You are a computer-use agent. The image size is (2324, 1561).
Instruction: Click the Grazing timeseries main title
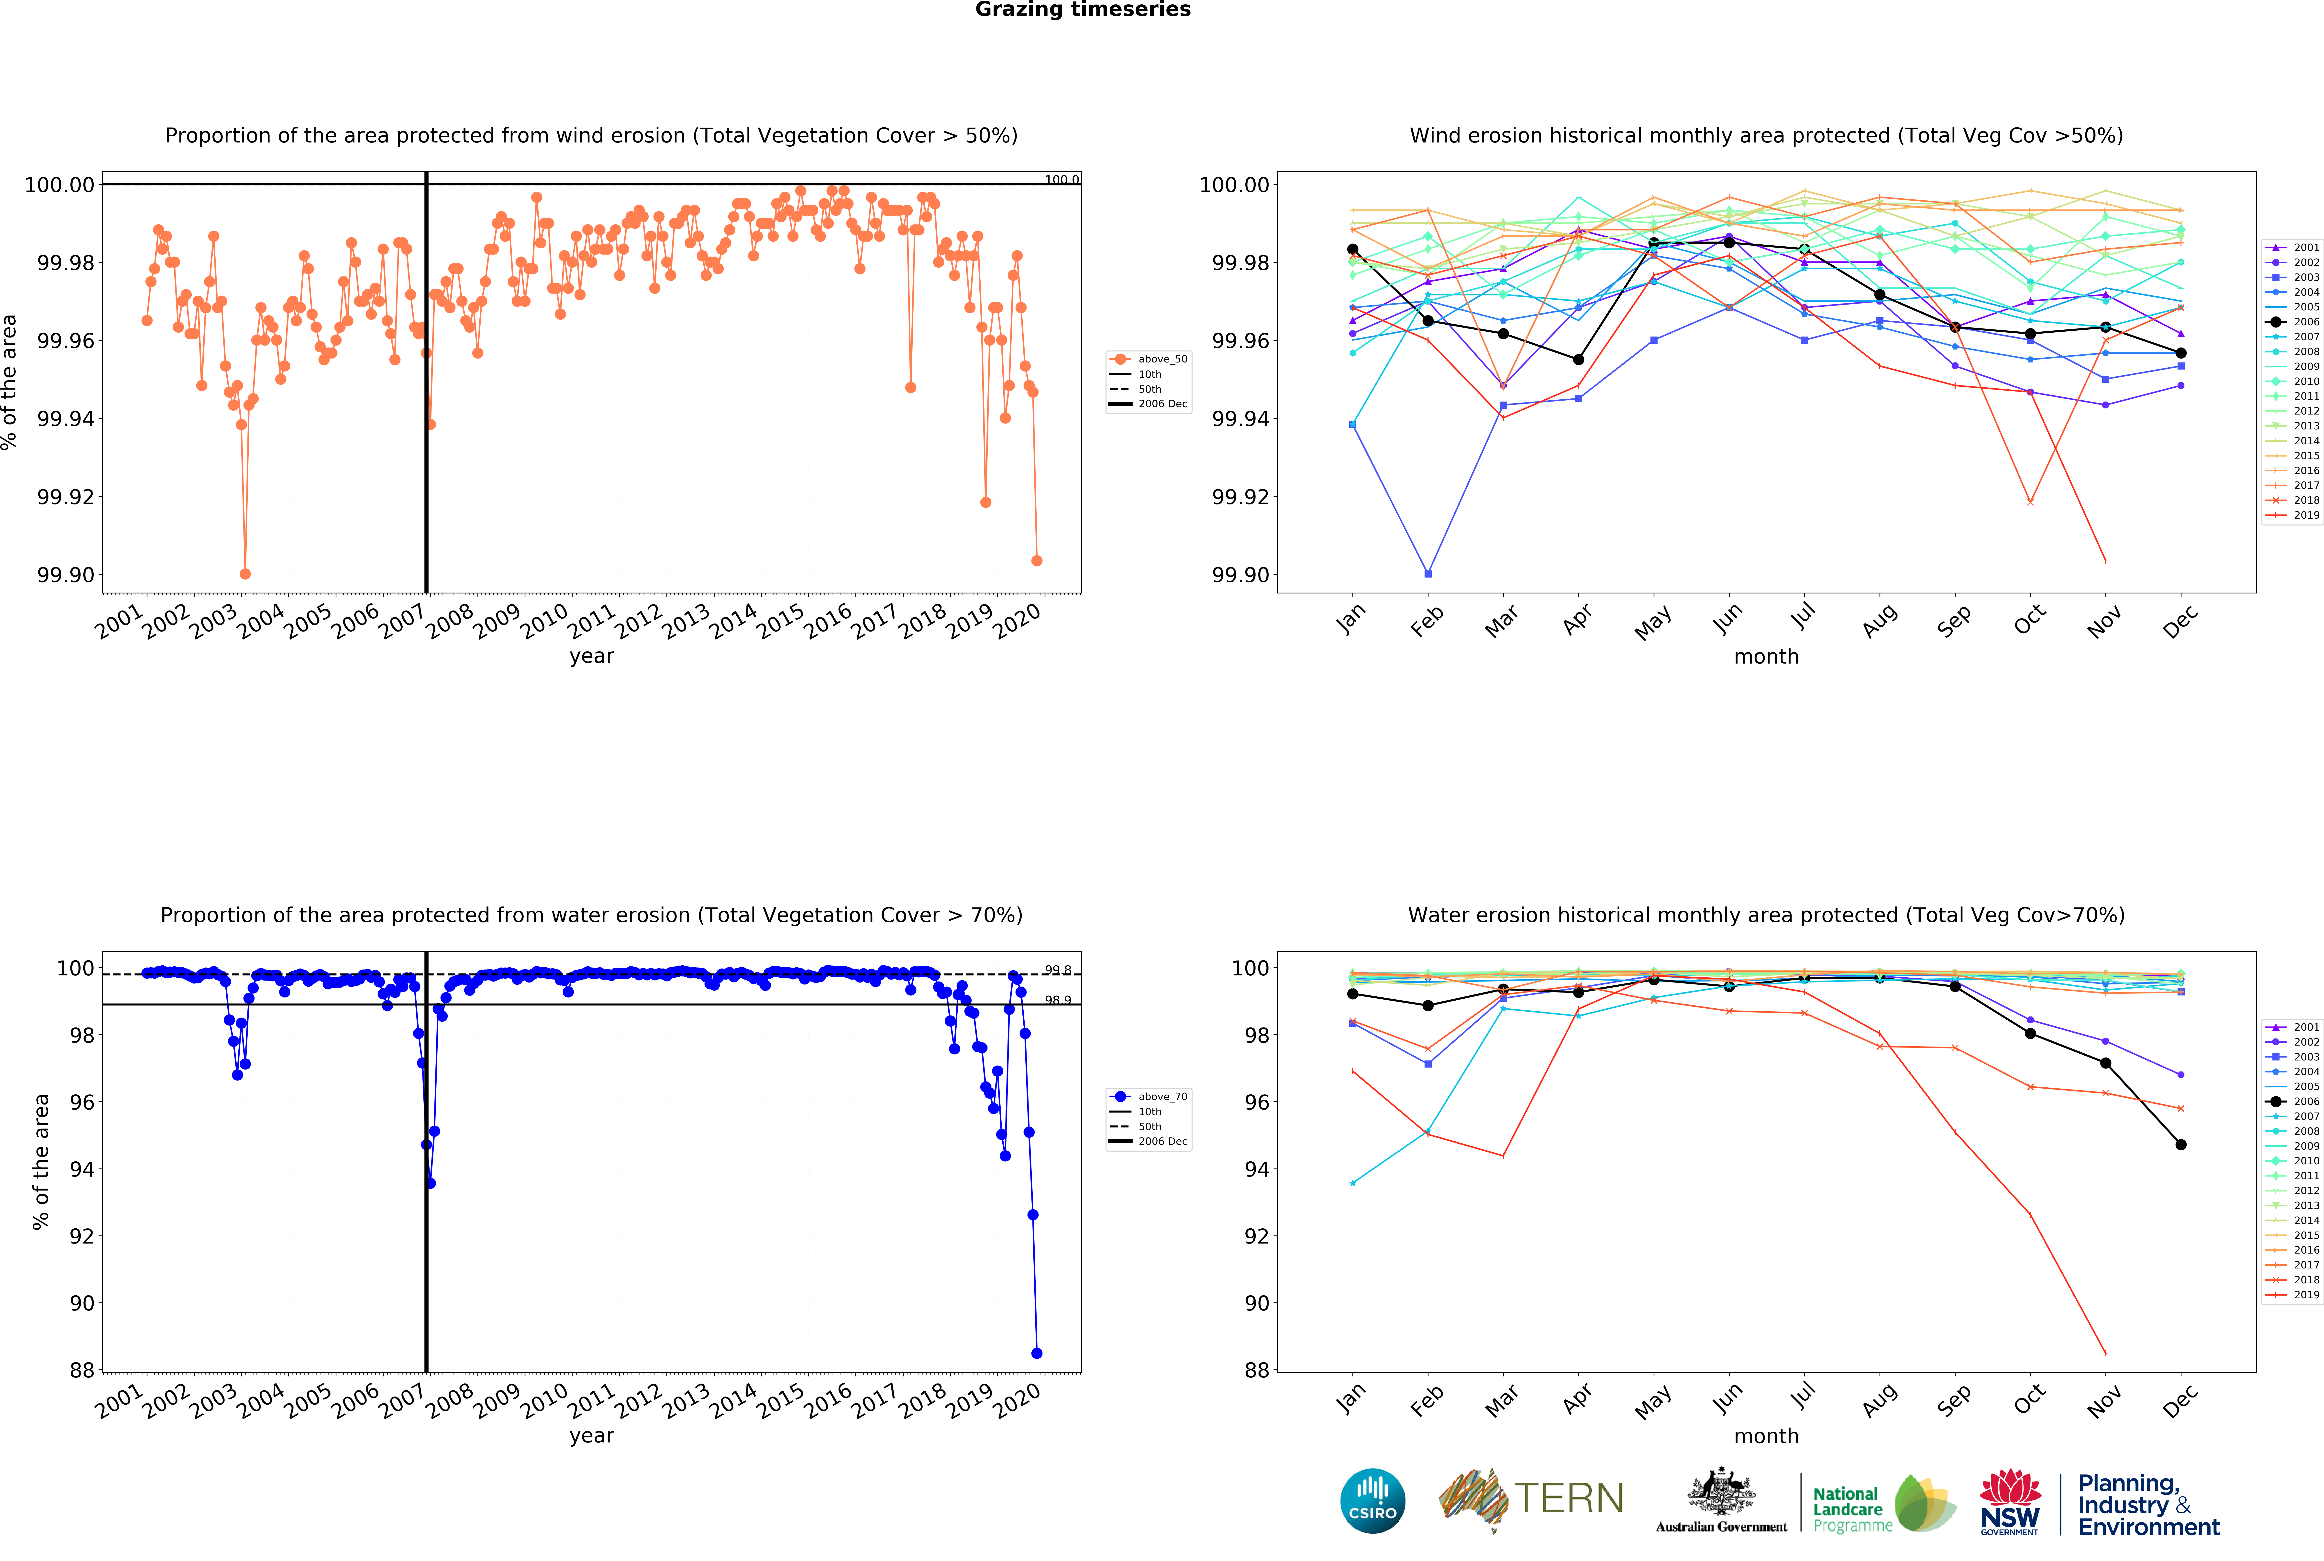1082,10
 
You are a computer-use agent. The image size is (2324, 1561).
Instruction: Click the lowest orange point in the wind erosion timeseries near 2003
245,573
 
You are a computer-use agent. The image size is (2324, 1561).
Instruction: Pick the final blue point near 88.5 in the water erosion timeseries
1037,1353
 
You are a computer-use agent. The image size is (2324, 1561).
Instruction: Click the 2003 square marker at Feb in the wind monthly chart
1428,573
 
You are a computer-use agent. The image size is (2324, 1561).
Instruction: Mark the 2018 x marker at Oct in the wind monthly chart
2030,502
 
